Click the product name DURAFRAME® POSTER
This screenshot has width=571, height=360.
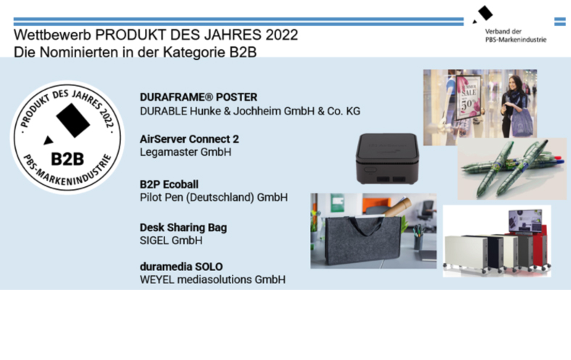pos(199,97)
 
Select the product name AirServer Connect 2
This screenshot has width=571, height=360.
pos(189,139)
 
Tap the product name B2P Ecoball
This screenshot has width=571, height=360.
pos(169,184)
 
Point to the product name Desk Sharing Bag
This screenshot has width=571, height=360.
pos(183,227)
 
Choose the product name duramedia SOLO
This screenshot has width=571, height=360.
pos(181,267)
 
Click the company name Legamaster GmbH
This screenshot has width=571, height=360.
pos(186,152)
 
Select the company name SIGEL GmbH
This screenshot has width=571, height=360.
pos(171,240)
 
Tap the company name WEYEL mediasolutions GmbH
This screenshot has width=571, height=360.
pos(212,280)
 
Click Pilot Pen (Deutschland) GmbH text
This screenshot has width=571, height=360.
pos(214,197)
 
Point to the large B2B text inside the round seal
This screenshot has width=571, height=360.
pos(67,159)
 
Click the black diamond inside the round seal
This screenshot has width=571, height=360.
pos(73,120)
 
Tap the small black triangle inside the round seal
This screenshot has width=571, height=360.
pos(49,140)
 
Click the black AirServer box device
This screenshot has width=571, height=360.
pos(387,159)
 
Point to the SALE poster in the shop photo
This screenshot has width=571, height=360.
pos(467,98)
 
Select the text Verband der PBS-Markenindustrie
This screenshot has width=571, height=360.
pos(516,35)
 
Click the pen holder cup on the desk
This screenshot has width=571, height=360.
pos(418,242)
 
